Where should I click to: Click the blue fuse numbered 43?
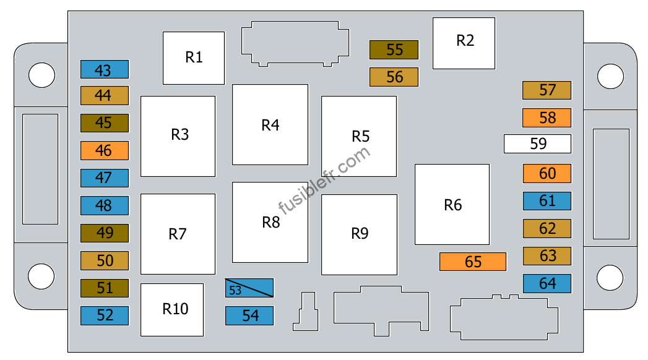[105, 69]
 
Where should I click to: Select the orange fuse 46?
[105, 151]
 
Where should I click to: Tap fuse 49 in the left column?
[105, 233]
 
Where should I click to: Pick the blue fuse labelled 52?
[105, 315]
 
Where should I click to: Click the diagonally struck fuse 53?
[249, 288]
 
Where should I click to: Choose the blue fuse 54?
[249, 315]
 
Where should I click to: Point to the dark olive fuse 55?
[394, 50]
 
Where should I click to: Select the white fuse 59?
[537, 144]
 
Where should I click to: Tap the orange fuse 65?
[473, 261]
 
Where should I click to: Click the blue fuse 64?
[547, 284]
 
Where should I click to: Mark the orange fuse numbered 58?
[546, 118]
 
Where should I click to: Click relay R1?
[194, 58]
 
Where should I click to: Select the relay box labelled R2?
[464, 43]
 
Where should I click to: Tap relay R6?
[452, 204]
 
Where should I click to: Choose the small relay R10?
[172, 310]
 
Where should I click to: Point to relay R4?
[270, 125]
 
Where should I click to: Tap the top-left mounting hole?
[41, 75]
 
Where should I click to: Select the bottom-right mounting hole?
[610, 278]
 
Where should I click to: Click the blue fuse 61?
[547, 201]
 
